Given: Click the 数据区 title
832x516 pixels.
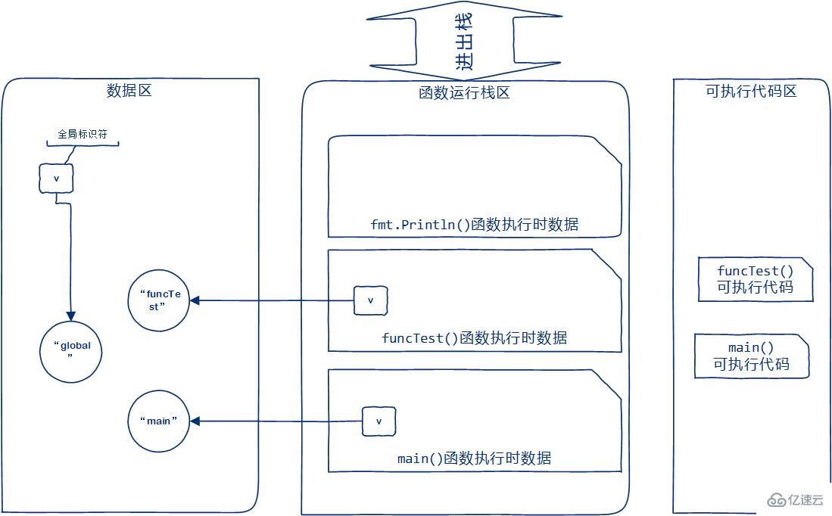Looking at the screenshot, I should (129, 92).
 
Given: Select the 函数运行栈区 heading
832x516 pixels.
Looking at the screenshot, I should (464, 93).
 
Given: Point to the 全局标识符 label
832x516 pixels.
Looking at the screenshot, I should (83, 134).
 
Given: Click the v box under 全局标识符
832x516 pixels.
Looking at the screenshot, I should (56, 179).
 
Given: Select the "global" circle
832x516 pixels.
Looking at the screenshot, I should (70, 351).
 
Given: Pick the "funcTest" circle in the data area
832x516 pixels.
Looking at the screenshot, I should (159, 300).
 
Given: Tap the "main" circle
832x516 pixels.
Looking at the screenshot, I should (159, 421).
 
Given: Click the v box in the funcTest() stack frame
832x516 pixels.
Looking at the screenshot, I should (370, 300).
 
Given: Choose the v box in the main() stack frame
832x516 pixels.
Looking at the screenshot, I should (379, 421).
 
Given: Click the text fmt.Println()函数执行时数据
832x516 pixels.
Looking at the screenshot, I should (475, 225).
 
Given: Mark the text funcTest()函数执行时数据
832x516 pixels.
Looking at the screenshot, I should (475, 337).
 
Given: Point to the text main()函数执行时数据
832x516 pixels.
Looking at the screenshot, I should (475, 458).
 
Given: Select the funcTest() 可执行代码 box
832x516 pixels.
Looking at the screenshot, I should (755, 279).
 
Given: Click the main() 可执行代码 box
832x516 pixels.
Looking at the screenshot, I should (751, 356).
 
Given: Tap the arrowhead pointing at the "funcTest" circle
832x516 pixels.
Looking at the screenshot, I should (195, 300).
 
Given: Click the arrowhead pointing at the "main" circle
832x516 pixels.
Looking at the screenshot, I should (195, 421).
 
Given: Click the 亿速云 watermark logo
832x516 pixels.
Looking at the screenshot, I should (794, 500).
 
